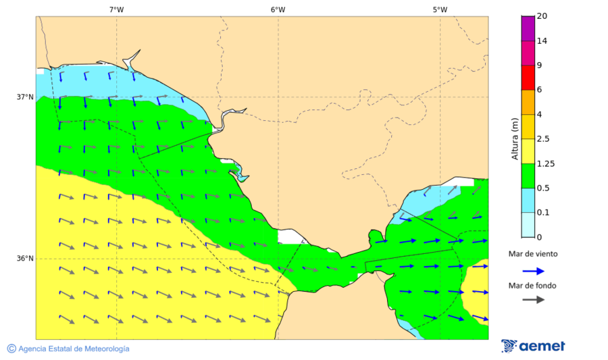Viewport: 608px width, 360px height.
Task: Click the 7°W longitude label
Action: (x=116, y=9)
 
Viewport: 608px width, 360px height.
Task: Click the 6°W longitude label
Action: (x=278, y=9)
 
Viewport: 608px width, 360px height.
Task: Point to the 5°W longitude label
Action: (x=440, y=9)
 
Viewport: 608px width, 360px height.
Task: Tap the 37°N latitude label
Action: (x=25, y=97)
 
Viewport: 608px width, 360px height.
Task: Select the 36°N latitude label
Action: (x=25, y=259)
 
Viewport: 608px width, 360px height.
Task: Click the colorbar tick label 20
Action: (x=542, y=16)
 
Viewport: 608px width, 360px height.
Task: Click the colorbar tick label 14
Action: (x=542, y=41)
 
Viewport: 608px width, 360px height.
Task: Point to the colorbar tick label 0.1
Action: (x=544, y=213)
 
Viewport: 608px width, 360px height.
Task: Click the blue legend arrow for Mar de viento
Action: (x=533, y=271)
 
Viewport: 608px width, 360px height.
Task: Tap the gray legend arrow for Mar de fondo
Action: (x=533, y=299)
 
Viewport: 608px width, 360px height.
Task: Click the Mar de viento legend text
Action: (x=533, y=254)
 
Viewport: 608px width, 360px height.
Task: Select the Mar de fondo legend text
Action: (x=533, y=286)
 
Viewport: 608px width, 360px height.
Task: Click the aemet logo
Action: (x=533, y=346)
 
